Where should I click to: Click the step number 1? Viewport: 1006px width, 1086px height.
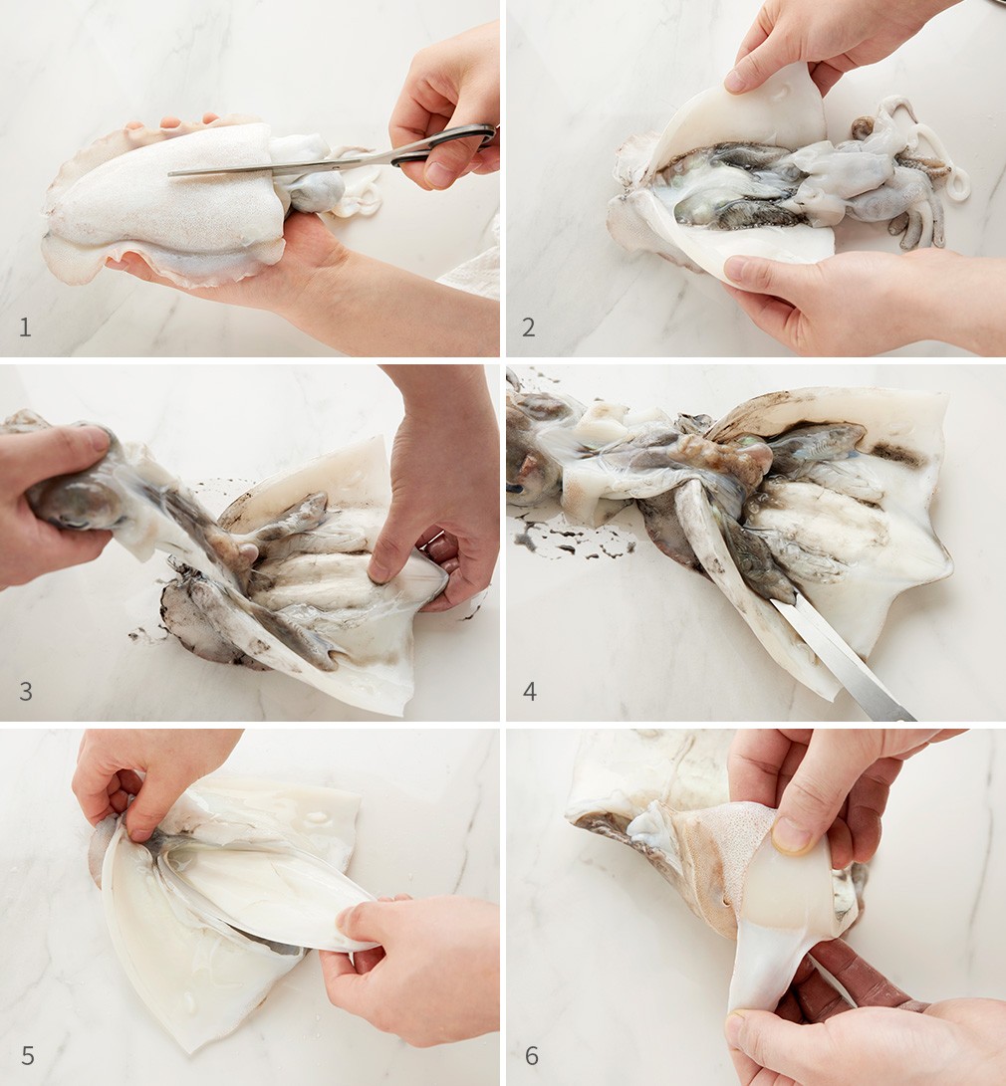pyautogui.click(x=25, y=326)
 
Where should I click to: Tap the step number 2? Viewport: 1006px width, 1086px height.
pyautogui.click(x=528, y=326)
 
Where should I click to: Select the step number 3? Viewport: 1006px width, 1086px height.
pyautogui.click(x=26, y=691)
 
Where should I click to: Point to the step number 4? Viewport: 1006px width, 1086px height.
pyautogui.click(x=529, y=691)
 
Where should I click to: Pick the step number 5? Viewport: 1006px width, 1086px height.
pyautogui.click(x=28, y=1055)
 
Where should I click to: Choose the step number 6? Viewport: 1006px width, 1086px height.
pyautogui.click(x=532, y=1055)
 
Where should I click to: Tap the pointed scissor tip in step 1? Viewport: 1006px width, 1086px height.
pyautogui.click(x=170, y=174)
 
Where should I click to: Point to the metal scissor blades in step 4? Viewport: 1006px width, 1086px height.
pyautogui.click(x=842, y=659)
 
